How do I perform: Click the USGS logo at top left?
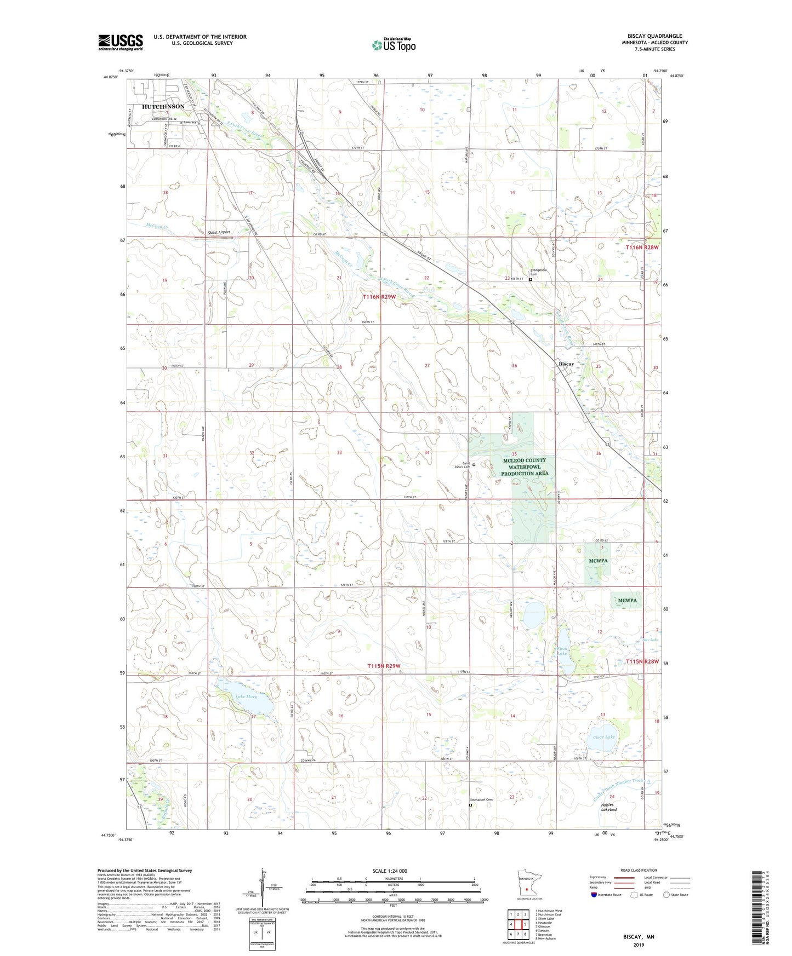point(121,42)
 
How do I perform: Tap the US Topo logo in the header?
point(394,45)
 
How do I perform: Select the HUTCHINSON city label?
point(163,106)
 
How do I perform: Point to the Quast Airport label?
point(219,232)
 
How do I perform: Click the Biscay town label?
point(566,364)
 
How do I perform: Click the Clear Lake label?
point(603,737)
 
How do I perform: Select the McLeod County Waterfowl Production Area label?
point(525,467)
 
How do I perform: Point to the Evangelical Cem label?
point(538,272)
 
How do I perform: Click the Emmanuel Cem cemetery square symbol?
point(470,805)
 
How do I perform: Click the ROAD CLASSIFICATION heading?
point(639,870)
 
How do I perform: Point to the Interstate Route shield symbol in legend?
point(595,895)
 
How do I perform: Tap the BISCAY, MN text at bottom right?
point(639,937)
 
